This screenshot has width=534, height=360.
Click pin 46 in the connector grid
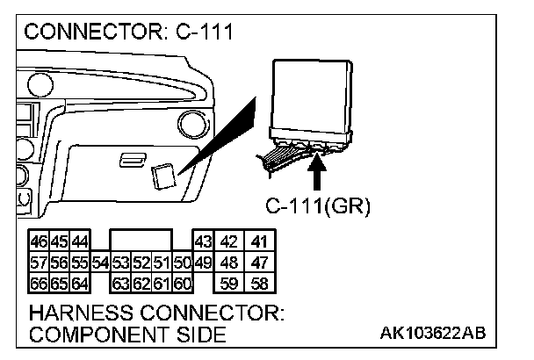coord(39,241)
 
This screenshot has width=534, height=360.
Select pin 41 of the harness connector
coord(258,241)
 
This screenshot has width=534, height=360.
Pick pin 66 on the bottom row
coord(39,283)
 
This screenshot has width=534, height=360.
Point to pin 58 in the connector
coord(258,283)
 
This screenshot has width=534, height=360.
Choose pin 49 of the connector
coord(202,262)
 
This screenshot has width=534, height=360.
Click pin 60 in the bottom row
coord(183,283)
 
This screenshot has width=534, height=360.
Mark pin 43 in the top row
coord(203,241)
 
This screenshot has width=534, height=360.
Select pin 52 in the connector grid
coord(142,262)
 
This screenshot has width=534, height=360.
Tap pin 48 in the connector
coord(230,262)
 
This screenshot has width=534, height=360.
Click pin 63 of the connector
coord(121,283)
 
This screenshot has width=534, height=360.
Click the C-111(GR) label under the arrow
coord(318,207)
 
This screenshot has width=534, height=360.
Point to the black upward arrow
coord(318,172)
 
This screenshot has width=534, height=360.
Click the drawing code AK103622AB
coord(433,335)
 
